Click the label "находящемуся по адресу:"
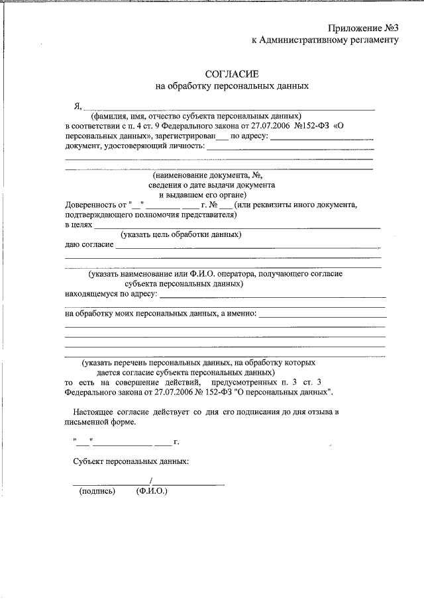(x=111, y=293)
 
